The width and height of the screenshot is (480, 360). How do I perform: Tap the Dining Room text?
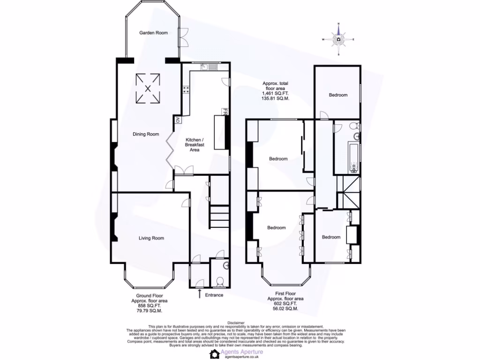click(146, 134)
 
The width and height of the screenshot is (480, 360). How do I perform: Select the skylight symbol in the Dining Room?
click(148, 88)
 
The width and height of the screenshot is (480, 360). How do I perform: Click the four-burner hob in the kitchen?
click(186, 90)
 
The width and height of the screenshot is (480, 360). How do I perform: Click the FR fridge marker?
click(225, 112)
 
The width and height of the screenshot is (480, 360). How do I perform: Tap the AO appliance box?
click(178, 120)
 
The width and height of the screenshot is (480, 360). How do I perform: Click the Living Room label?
click(151, 238)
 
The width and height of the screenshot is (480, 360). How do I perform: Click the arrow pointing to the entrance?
click(200, 294)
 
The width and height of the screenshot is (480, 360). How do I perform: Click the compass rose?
click(338, 39)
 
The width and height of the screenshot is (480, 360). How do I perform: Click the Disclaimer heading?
click(236, 323)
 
